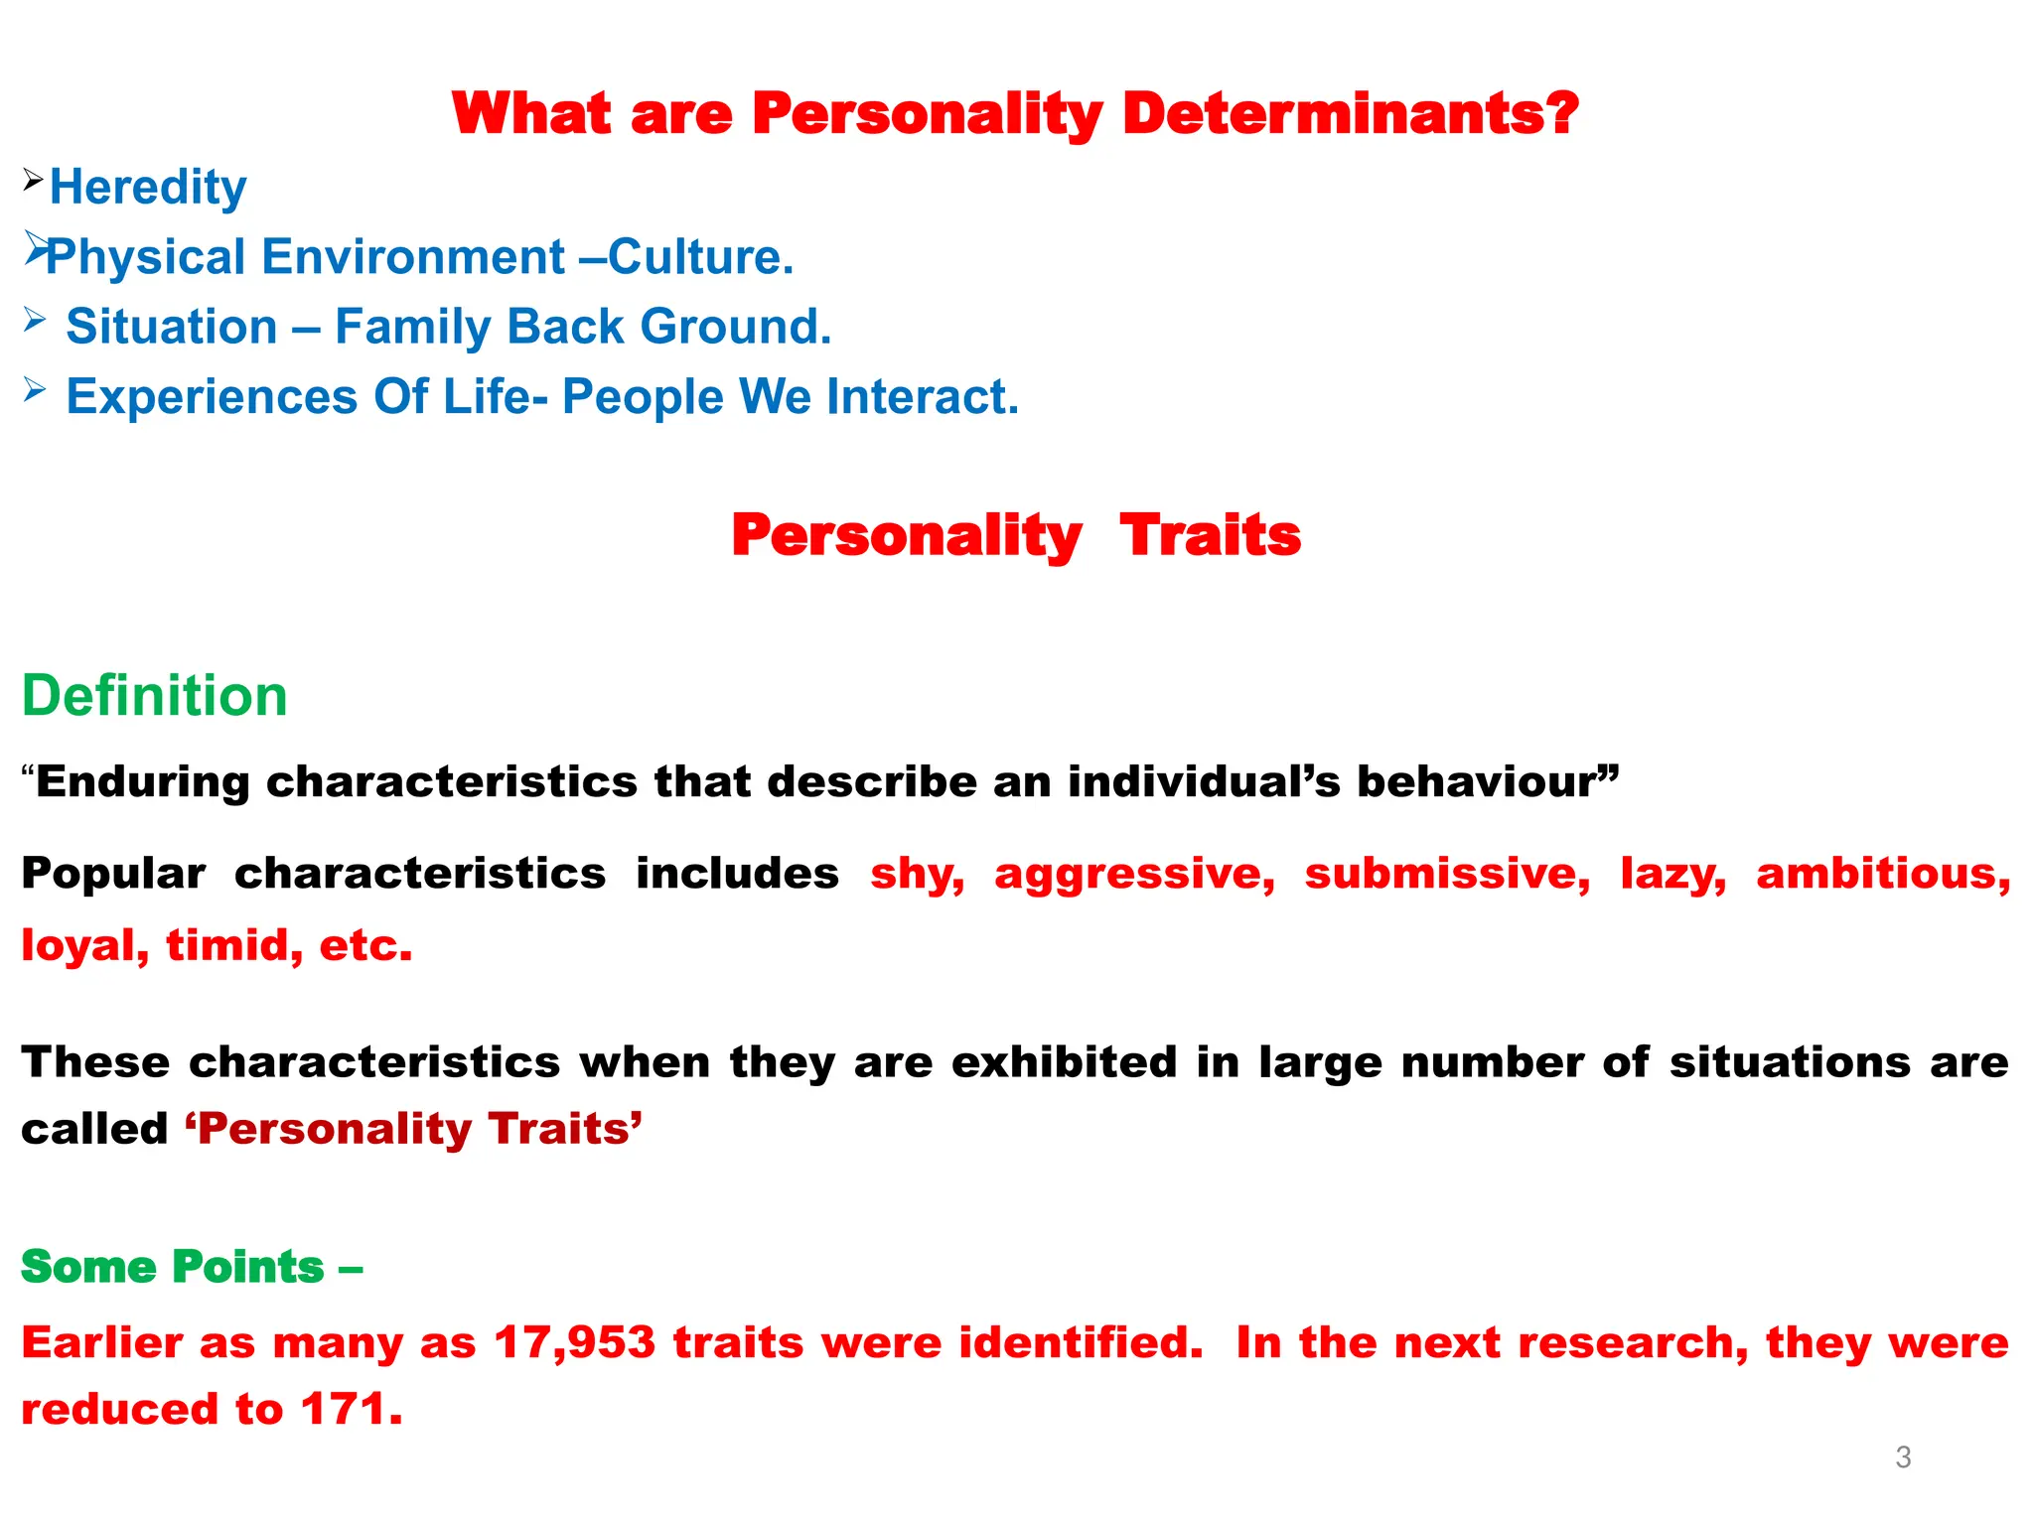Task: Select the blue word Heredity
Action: point(148,188)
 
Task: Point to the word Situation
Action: point(171,327)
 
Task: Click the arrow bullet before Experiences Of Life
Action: point(35,389)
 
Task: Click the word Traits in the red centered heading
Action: point(1210,536)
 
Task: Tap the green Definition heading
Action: point(155,695)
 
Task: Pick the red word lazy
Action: point(1672,875)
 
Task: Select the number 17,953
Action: point(574,1343)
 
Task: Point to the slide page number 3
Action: point(1903,1457)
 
